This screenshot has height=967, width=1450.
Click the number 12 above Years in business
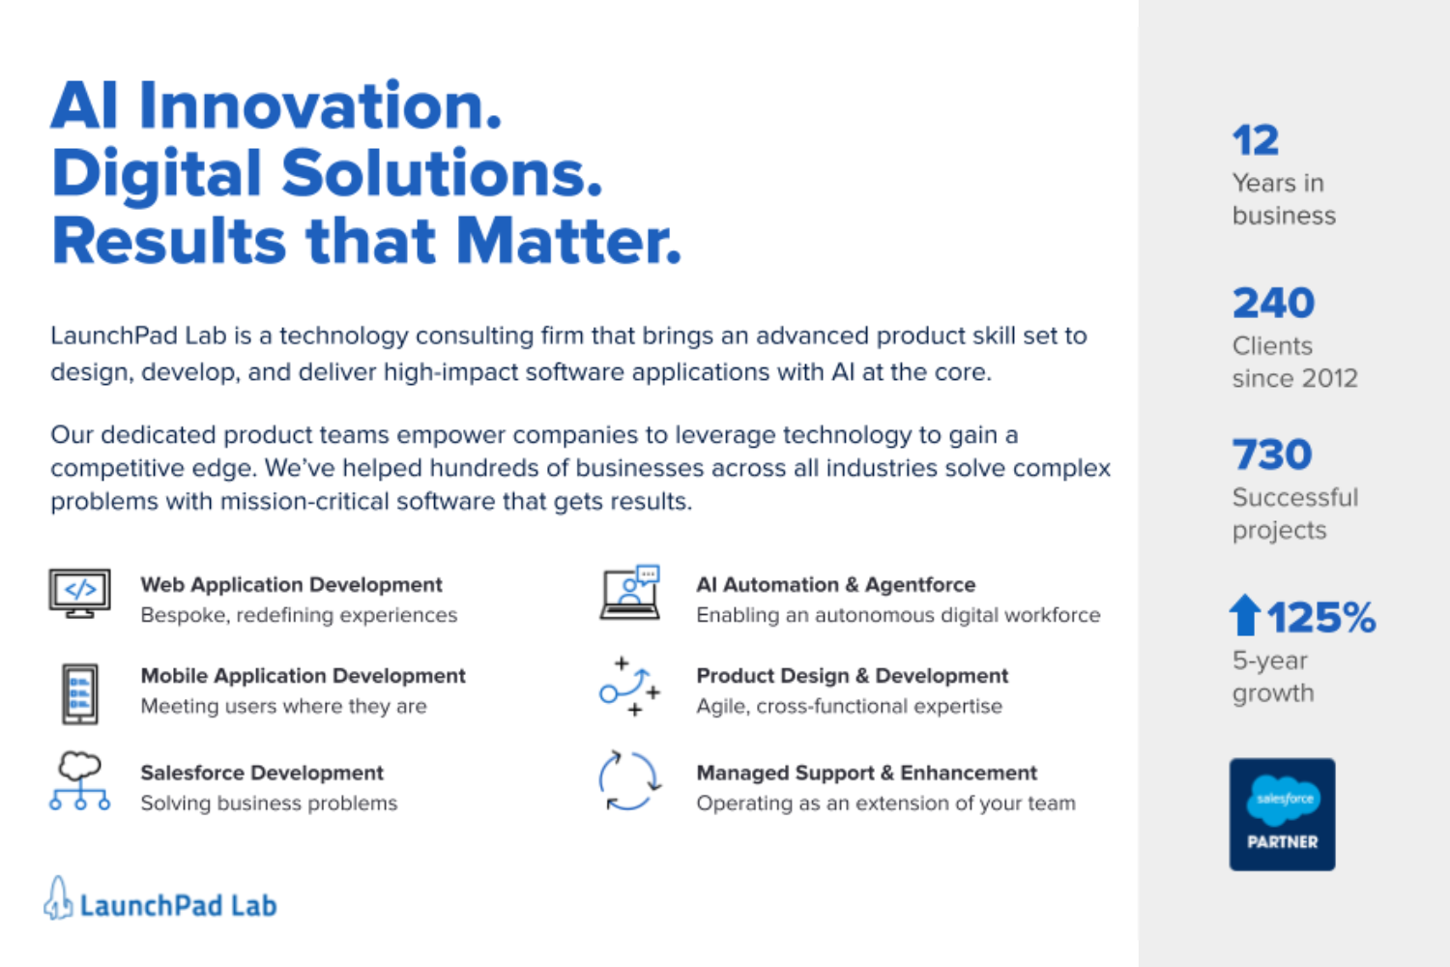pyautogui.click(x=1255, y=140)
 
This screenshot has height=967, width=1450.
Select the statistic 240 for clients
pyautogui.click(x=1273, y=303)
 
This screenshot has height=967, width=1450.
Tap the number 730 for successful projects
pyautogui.click(x=1272, y=454)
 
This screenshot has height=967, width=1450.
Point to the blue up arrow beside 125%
pyautogui.click(x=1245, y=615)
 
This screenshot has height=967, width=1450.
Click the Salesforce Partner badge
pyautogui.click(x=1283, y=814)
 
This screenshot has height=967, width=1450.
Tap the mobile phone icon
pyautogui.click(x=79, y=693)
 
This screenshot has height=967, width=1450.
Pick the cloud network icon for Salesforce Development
pyautogui.click(x=79, y=781)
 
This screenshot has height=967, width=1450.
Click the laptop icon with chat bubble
pyautogui.click(x=630, y=593)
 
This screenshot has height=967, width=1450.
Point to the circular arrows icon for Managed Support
pyautogui.click(x=628, y=781)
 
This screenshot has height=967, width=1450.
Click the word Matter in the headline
pyautogui.click(x=568, y=241)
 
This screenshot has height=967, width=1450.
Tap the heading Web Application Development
pyautogui.click(x=291, y=584)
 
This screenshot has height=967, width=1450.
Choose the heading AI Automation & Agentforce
pyautogui.click(x=836, y=584)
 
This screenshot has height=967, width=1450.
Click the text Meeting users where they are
pyautogui.click(x=283, y=705)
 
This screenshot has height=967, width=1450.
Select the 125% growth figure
pyautogui.click(x=1321, y=617)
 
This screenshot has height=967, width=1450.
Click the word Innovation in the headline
pyautogui.click(x=320, y=105)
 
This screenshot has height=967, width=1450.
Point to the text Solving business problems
pyautogui.click(x=270, y=803)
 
